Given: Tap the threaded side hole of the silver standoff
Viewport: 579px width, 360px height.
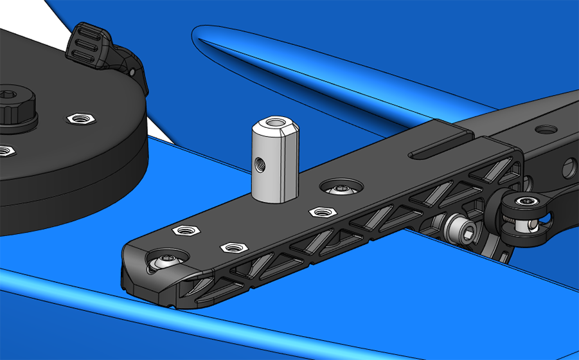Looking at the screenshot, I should click(x=259, y=164).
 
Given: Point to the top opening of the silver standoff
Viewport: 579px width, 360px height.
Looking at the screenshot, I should click(x=274, y=122).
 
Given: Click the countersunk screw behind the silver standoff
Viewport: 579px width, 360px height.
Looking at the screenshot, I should click(x=341, y=187).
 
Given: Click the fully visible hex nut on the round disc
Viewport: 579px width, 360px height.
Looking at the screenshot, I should click(x=80, y=118).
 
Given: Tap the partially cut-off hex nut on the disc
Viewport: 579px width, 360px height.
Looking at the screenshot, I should click(x=4, y=151).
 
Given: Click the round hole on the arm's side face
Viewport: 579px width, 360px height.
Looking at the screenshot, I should click(x=569, y=169).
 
